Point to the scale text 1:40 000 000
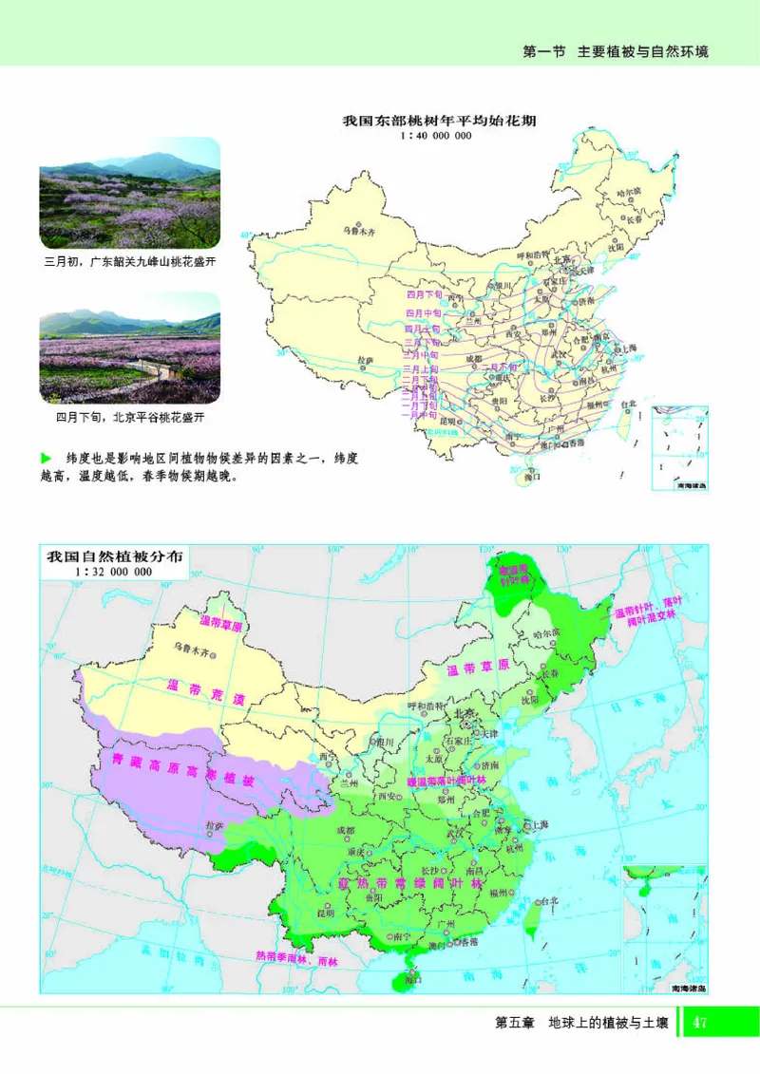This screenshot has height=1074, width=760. [x=437, y=136]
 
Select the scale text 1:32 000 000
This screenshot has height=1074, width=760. [x=116, y=573]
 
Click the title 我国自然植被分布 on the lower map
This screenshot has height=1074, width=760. [x=116, y=556]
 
